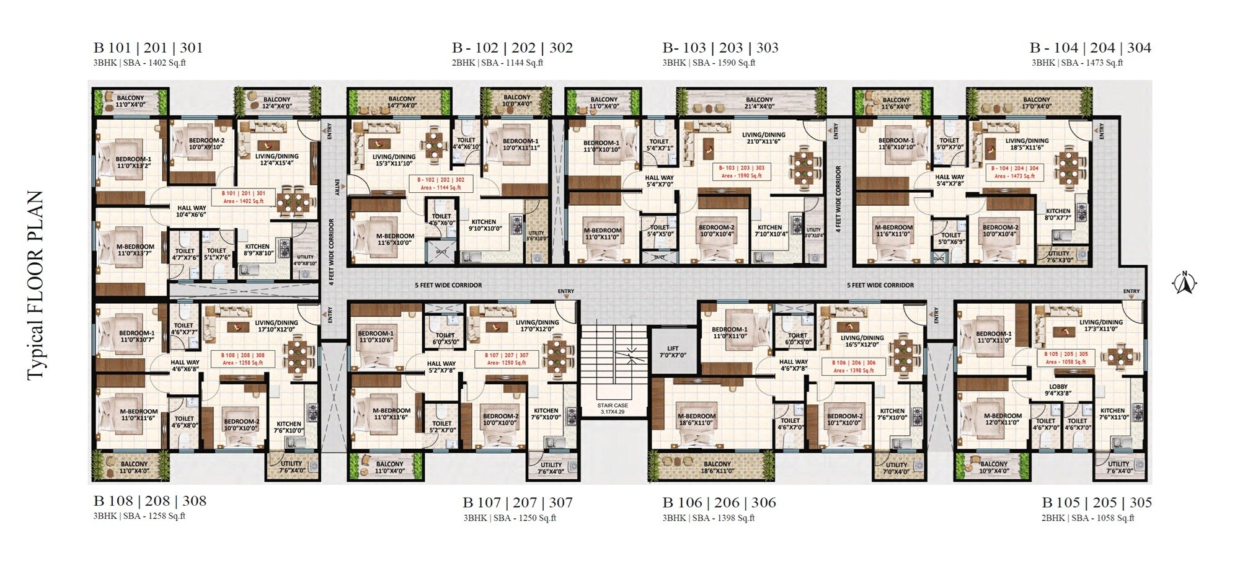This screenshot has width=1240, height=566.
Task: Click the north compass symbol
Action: pyautogui.click(x=1184, y=283)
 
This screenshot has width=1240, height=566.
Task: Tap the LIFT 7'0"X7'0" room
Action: pyautogui.click(x=673, y=352)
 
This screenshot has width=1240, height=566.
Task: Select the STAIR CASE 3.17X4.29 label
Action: pyautogui.click(x=612, y=408)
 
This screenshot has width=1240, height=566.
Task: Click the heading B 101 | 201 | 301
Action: pyautogui.click(x=148, y=48)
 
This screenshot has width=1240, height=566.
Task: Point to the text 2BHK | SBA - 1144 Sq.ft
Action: pyautogui.click(x=497, y=63)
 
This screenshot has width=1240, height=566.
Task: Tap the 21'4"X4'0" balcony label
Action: pyautogui.click(x=759, y=103)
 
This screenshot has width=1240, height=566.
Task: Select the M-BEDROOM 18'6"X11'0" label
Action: pyautogui.click(x=696, y=420)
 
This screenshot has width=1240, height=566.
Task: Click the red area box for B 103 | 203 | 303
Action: pyautogui.click(x=742, y=172)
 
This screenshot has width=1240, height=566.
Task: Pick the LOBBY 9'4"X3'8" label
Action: pyautogui.click(x=1058, y=390)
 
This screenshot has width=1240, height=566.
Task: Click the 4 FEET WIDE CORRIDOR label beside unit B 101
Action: pyautogui.click(x=332, y=251)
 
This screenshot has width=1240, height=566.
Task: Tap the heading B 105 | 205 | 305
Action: pyautogui.click(x=1096, y=502)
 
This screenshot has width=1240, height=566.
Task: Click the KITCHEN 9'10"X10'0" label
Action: pyautogui.click(x=484, y=225)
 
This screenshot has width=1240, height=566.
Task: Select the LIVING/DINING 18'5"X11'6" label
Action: pyautogui.click(x=1026, y=144)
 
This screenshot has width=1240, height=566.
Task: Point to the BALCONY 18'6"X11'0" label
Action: pyautogui.click(x=717, y=467)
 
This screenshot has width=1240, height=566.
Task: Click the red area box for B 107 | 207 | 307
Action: pyautogui.click(x=507, y=359)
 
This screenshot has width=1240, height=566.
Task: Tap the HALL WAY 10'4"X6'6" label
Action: pyautogui.click(x=191, y=211)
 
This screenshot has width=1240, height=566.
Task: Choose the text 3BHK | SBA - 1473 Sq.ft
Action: pyautogui.click(x=1077, y=63)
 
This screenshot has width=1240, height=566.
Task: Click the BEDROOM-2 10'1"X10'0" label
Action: pyautogui.click(x=844, y=420)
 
